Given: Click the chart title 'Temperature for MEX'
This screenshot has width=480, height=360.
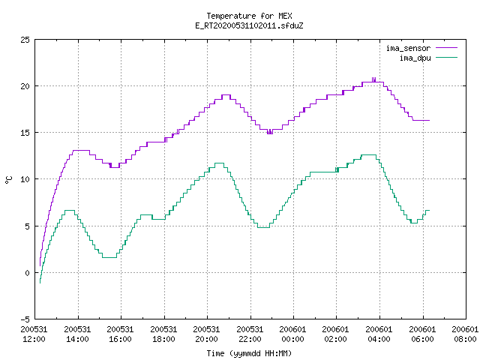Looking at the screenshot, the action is [249, 16].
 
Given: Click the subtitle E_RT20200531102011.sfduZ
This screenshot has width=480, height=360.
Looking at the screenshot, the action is [249, 25].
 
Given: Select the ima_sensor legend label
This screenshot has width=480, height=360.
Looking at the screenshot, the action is [408, 48].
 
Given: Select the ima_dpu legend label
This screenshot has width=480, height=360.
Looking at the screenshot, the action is [415, 58].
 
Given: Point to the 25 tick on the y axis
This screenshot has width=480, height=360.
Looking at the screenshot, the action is [25, 40].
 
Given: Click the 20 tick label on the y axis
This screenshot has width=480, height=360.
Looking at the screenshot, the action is [25, 86].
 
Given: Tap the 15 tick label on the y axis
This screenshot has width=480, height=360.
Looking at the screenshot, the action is [25, 133].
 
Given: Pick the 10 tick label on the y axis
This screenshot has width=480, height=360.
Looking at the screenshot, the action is [25, 179].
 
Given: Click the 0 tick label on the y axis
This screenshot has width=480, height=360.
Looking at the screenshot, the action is [28, 273].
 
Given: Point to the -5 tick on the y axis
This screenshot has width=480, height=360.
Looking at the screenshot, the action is [25, 319].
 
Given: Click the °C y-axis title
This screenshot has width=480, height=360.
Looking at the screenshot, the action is [8, 180].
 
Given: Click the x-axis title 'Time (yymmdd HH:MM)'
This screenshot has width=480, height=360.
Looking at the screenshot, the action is [249, 353].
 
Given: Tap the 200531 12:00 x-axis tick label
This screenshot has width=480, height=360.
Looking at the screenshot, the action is [34, 334].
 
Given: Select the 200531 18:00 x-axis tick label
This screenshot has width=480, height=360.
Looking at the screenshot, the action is [163, 334].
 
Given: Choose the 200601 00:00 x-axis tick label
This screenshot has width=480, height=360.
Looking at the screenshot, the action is [293, 334].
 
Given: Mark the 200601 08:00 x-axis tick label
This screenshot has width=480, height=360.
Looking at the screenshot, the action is [465, 334].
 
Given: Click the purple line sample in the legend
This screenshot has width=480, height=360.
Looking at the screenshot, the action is [447, 48].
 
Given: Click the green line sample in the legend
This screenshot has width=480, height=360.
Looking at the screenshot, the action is [447, 58].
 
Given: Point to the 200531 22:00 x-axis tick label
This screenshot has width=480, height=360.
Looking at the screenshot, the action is [250, 334].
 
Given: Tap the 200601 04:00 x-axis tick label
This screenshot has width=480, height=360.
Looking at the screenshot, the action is [379, 334].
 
